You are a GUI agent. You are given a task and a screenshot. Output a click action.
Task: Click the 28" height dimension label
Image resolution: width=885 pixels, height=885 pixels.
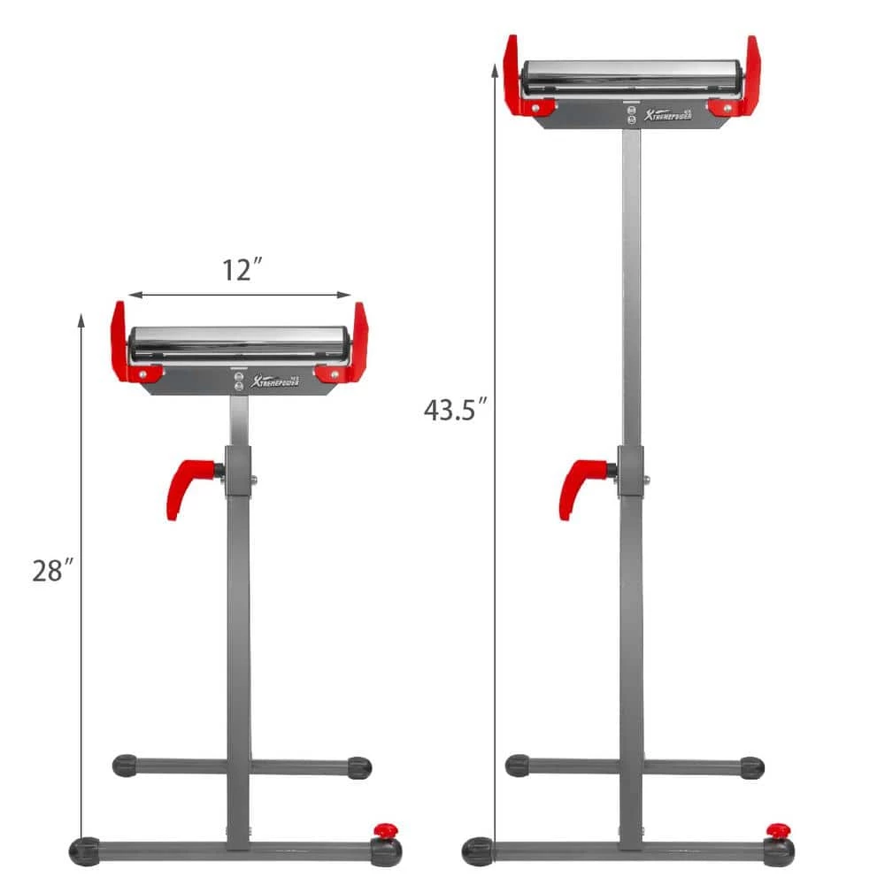[51, 571]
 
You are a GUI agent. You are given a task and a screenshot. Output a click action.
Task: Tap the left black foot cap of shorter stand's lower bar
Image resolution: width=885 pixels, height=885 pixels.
[85, 850]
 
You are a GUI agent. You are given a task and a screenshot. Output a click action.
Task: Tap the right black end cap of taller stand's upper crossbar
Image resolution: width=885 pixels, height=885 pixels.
[751, 766]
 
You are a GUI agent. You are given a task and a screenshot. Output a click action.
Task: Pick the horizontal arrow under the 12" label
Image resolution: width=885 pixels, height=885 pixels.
[239, 296]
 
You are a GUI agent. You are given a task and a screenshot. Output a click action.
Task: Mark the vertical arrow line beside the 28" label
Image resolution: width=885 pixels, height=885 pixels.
[82, 575]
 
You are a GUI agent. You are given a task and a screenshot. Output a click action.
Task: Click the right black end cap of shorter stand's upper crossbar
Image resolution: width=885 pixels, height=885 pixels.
[358, 766]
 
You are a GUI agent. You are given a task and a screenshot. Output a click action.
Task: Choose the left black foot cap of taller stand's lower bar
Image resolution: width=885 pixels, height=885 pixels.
[478, 850]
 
